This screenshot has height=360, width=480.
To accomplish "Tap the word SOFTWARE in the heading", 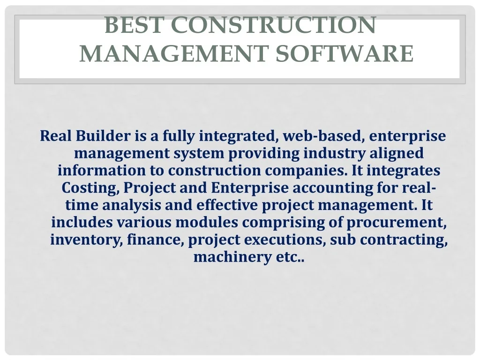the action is click(345, 53).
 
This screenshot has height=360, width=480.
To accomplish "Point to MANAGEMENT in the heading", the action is click(174, 53).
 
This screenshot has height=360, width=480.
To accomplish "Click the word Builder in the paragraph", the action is click(103, 135).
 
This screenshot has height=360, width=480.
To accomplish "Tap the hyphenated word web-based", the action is click(323, 136).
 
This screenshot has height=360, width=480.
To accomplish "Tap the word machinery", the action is click(232, 257).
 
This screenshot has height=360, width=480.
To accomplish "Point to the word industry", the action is click(335, 153).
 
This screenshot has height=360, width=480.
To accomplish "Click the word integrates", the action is click(404, 171).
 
